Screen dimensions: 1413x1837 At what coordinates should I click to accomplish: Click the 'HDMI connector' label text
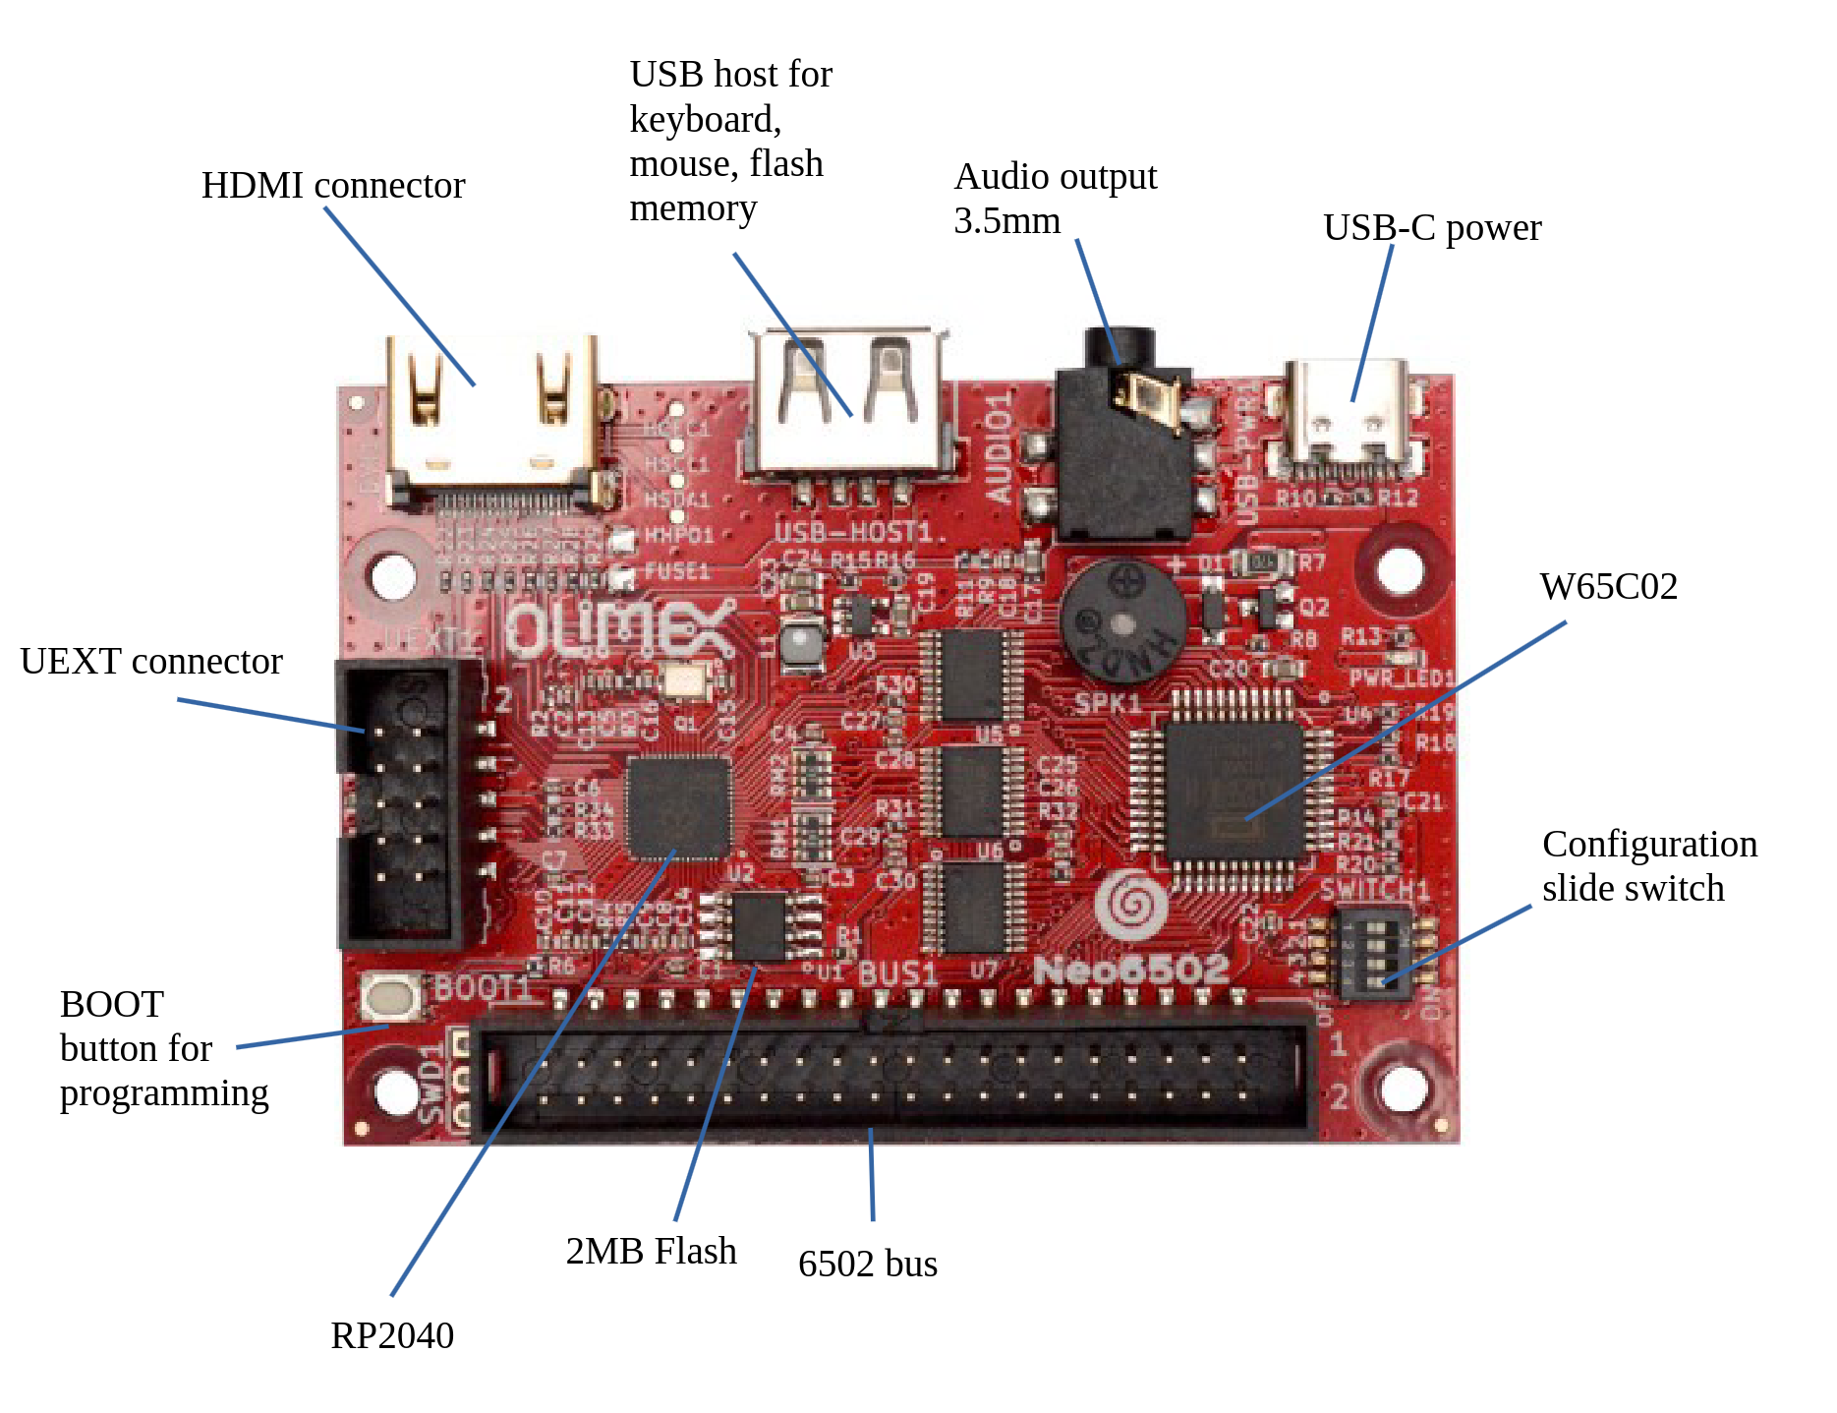(332, 186)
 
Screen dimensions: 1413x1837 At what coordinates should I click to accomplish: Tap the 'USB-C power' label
(1431, 228)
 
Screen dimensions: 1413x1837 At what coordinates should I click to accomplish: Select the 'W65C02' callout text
(1608, 587)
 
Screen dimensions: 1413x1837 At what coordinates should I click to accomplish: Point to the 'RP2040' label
(392, 1336)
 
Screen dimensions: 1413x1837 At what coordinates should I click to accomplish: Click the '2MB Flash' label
(651, 1252)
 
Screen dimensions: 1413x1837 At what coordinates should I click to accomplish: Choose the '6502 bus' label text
(867, 1265)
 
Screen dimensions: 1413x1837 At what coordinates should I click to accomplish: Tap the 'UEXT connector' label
(151, 662)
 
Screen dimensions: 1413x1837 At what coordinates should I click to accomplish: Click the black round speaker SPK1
(1122, 620)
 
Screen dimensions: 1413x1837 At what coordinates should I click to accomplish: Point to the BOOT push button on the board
(391, 996)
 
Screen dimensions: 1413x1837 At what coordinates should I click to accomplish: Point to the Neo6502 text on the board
(1131, 971)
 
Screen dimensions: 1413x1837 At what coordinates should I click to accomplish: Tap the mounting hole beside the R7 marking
(1400, 568)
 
